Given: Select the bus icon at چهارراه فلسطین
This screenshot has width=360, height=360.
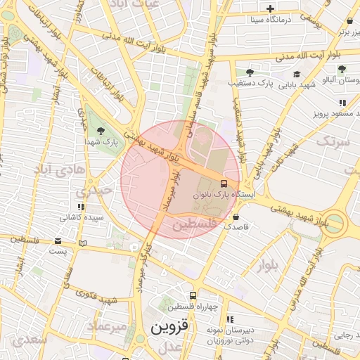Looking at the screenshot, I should (x=195, y=295).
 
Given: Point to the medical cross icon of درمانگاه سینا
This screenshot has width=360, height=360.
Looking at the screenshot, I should (x=271, y=8).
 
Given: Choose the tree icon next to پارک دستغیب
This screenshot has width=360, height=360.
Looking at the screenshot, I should (x=250, y=72).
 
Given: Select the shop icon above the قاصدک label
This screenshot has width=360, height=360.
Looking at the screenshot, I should (x=235, y=217).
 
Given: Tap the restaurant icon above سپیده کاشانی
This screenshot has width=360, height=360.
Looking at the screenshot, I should (x=81, y=207).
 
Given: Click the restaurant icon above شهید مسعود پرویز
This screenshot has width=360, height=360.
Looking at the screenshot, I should (x=342, y=103).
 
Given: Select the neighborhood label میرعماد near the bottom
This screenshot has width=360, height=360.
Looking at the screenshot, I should (x=108, y=326).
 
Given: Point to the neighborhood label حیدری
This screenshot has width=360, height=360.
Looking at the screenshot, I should (x=94, y=191).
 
